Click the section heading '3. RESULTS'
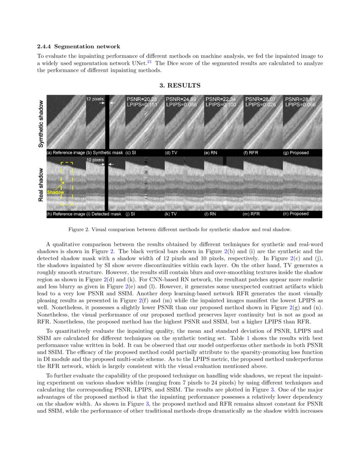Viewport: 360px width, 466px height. click(x=180, y=86)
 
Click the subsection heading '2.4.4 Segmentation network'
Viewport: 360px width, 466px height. click(x=78, y=46)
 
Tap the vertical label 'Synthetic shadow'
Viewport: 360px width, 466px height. click(x=41, y=124)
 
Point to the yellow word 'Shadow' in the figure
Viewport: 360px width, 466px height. click(x=55, y=192)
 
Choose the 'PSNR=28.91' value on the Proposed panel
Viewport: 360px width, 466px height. click(x=300, y=99)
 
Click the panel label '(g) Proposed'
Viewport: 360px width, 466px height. click(x=296, y=153)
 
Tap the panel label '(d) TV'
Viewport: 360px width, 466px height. click(x=171, y=153)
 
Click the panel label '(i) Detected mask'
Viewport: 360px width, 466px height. click(x=104, y=214)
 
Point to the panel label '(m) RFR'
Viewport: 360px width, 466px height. click(x=251, y=214)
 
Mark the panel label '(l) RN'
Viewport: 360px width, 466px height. click(x=210, y=214)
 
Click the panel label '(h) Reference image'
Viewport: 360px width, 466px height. click(x=66, y=214)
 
